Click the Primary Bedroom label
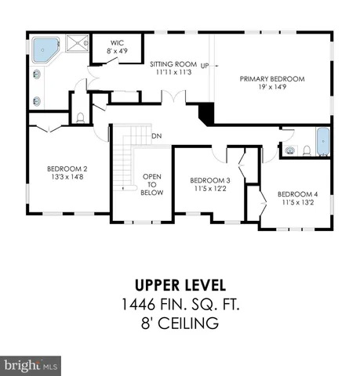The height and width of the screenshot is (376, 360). [x=271, y=79]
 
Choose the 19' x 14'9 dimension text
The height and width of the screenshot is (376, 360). [x=271, y=89]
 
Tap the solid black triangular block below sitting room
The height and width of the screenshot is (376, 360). [x=206, y=114]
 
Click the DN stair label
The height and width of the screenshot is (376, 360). [x=156, y=135]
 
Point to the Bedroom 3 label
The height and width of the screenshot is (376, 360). [x=210, y=179]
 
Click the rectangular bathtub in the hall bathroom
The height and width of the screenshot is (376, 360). [x=323, y=143]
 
